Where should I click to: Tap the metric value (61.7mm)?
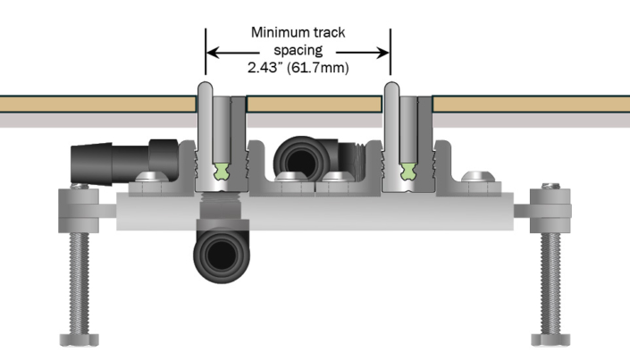click(321, 67)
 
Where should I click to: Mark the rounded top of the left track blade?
click(205, 89)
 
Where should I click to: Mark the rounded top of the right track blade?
click(391, 89)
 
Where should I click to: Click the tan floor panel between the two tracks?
click(313, 104)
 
